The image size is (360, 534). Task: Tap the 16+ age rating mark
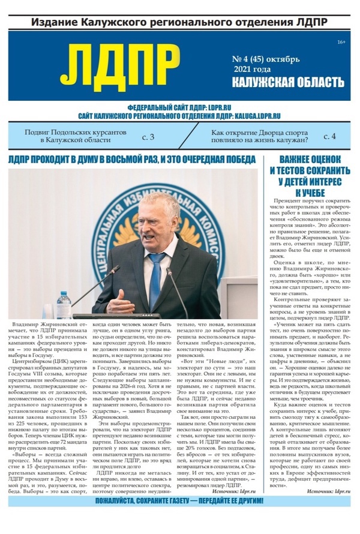pyautogui.click(x=341, y=41)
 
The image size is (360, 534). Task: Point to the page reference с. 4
pyautogui.click(x=329, y=137)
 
